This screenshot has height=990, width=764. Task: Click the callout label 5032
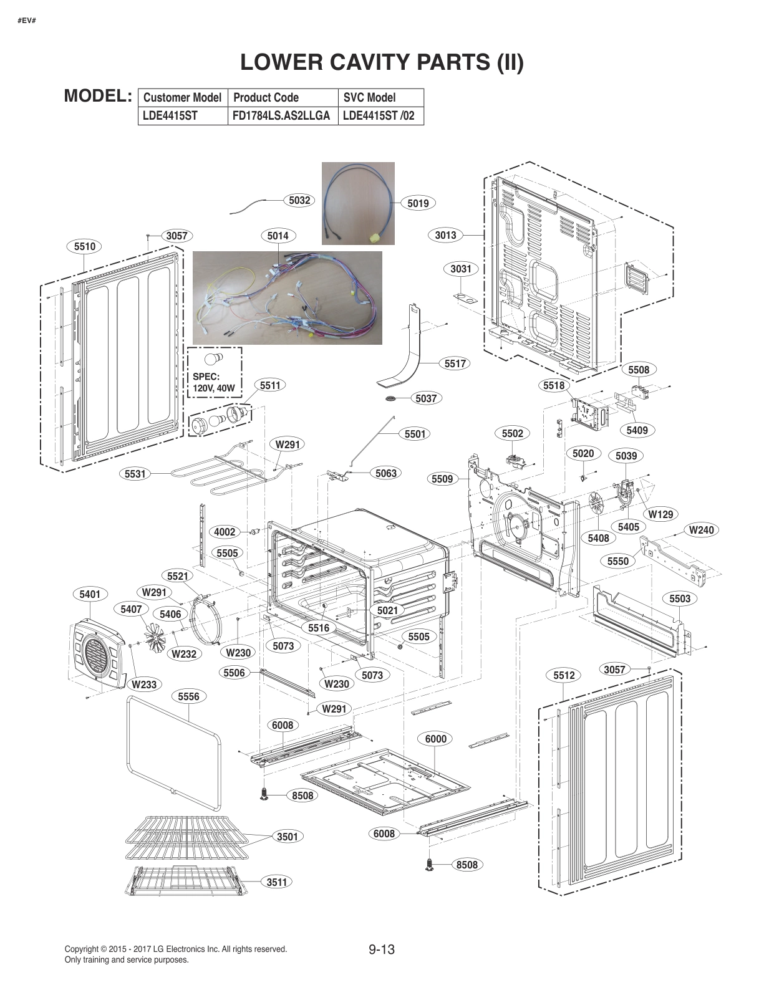[299, 200]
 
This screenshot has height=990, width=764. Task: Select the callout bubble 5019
[418, 203]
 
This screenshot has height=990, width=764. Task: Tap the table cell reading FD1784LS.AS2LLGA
[282, 116]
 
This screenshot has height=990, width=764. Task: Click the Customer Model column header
[182, 97]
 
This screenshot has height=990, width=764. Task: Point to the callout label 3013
[445, 235]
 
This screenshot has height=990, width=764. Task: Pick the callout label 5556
[188, 696]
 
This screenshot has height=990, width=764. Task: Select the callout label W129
[660, 514]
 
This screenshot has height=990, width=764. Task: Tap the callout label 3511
[277, 882]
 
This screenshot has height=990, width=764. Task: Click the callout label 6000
[435, 739]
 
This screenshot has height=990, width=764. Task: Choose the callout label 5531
[135, 474]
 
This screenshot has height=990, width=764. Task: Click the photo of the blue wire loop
[358, 203]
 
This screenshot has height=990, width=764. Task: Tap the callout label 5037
[426, 398]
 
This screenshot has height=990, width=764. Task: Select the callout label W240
[701, 530]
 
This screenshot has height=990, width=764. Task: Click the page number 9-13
[382, 950]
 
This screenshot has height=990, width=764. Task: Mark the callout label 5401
[90, 594]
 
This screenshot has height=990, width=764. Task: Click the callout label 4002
[225, 532]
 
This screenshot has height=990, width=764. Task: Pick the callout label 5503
[680, 598]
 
